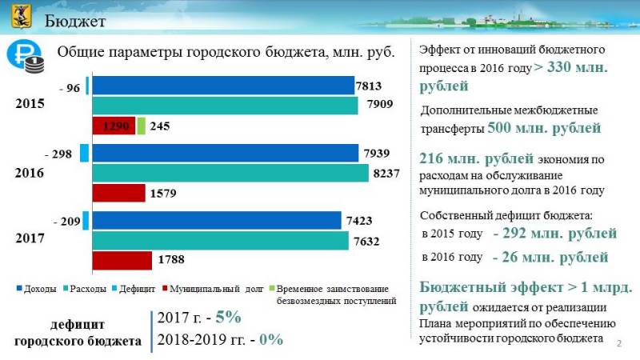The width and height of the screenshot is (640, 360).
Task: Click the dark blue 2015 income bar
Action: pos(223,86)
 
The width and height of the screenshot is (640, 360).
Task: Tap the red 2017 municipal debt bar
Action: pos(122,260)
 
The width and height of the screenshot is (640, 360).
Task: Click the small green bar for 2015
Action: pos(142,126)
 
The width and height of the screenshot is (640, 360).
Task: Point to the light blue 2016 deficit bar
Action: pos(84,153)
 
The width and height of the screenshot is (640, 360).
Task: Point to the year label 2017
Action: pos(30,238)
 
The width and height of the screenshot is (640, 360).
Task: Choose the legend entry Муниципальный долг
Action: pos(215,289)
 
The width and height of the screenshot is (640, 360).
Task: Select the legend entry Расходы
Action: pos(88,289)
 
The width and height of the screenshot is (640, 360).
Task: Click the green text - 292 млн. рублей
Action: pos(554,234)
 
